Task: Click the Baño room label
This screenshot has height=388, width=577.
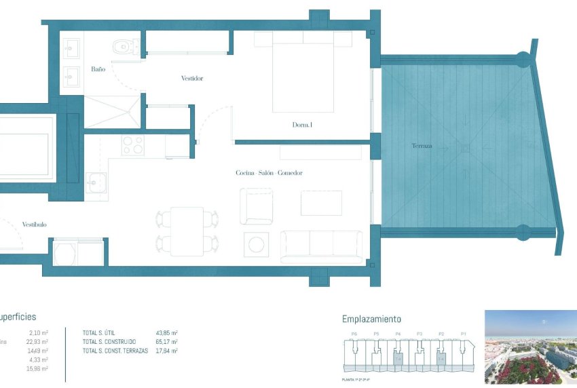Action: point(98,69)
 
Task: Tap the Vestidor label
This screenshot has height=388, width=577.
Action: point(192,79)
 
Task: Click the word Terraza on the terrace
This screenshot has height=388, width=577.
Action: point(422,147)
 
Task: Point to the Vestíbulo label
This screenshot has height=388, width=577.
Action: point(34,225)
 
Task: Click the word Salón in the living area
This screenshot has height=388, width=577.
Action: point(269,174)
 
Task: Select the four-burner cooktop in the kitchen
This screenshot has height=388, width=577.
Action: point(132,146)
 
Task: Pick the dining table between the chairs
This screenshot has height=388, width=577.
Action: point(187,231)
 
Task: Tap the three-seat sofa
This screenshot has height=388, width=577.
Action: point(322,246)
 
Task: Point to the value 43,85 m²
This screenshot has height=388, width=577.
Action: point(167,332)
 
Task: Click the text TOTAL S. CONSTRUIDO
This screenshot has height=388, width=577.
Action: point(109,341)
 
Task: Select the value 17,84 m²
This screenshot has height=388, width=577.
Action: point(167,351)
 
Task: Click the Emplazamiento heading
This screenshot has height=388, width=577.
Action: point(371,319)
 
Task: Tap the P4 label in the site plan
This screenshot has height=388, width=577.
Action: point(398,334)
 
